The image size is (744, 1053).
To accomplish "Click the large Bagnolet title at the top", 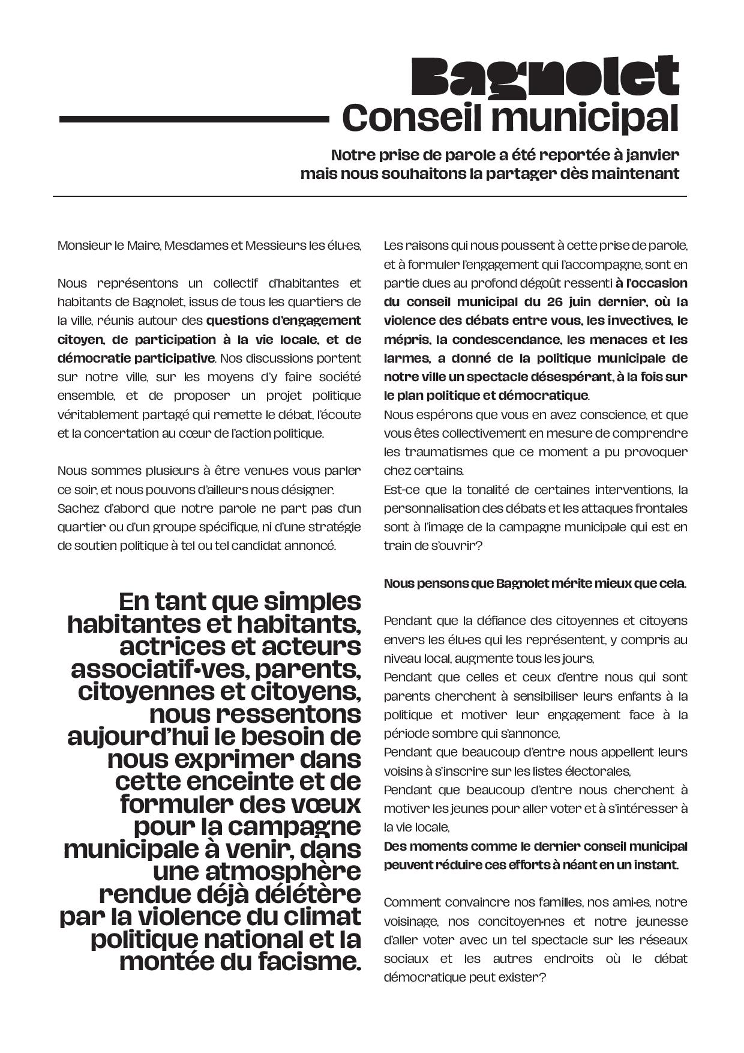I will (545, 76).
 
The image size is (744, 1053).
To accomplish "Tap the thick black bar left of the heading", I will (194, 119).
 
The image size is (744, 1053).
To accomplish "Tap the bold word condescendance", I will (505, 340).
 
